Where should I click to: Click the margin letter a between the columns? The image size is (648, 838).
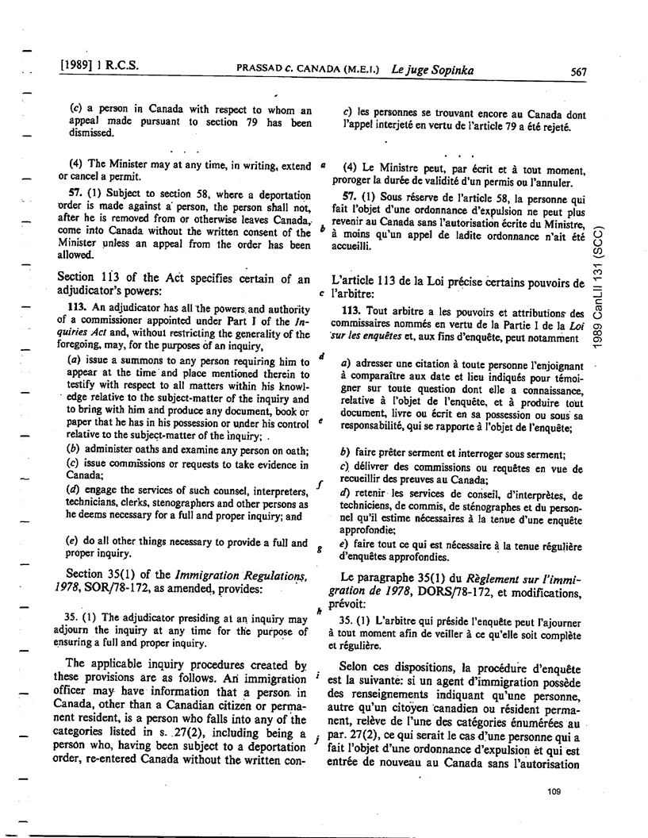click(x=324, y=166)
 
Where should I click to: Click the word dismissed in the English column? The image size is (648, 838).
click(x=84, y=134)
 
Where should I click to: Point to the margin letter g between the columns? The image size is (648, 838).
click(x=320, y=548)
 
